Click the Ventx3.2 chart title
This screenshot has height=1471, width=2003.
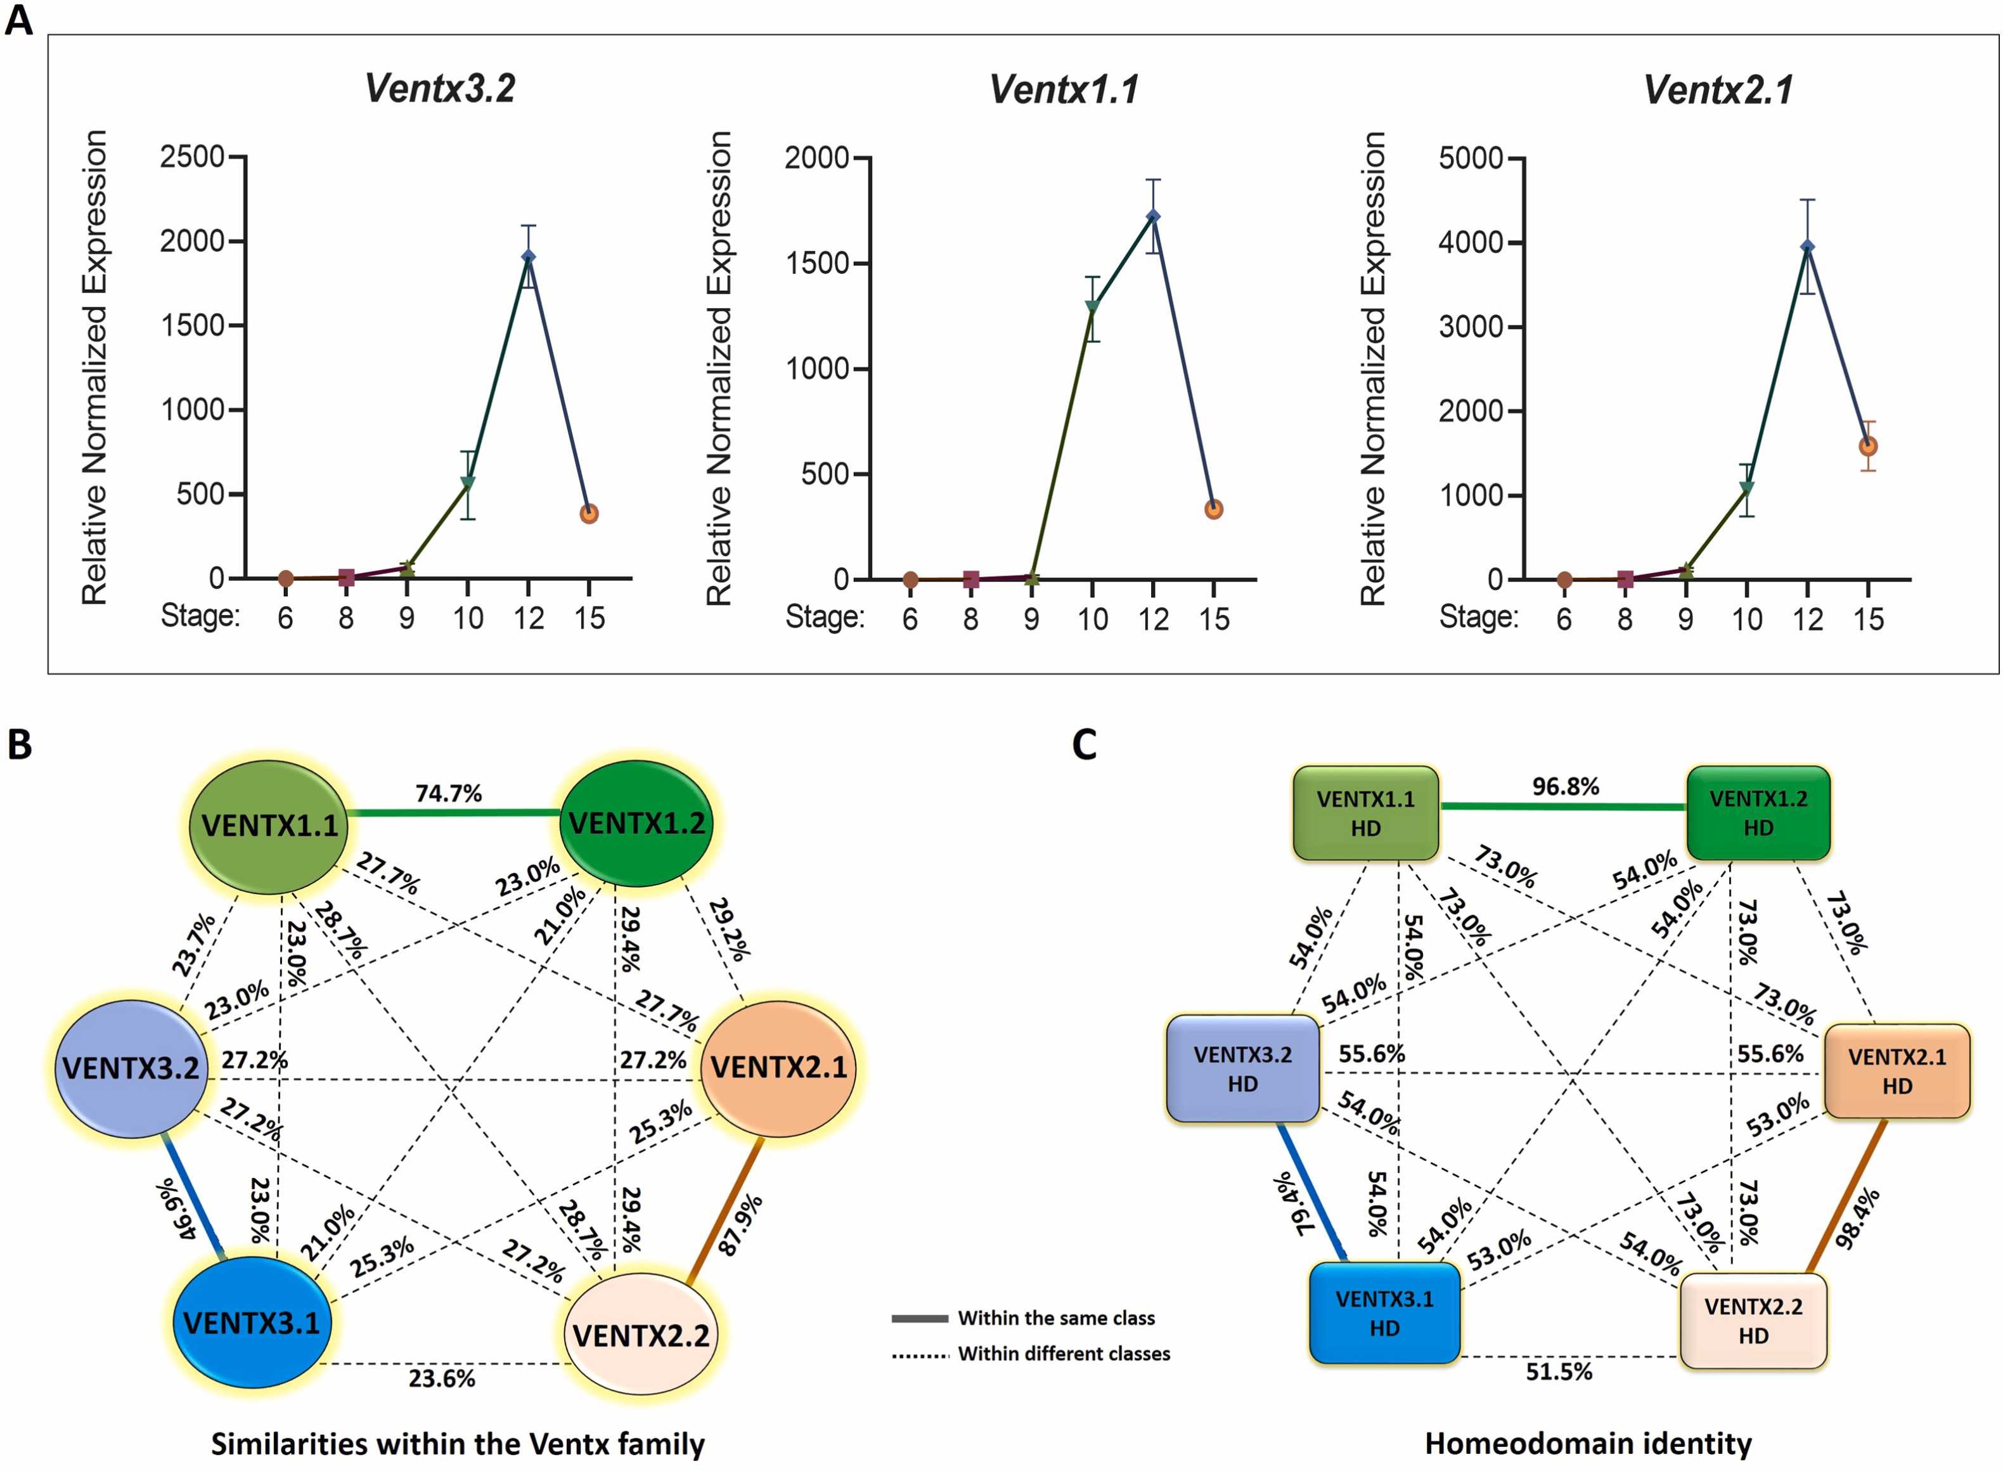pos(440,88)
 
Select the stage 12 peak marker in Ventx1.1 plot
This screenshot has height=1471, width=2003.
pos(1153,216)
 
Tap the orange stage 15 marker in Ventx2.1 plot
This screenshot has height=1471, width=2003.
pos(1868,446)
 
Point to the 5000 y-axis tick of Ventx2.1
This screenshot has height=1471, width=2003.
pos(1470,159)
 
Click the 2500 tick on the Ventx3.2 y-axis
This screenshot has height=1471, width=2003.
pos(192,157)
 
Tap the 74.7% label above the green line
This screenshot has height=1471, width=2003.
pos(449,793)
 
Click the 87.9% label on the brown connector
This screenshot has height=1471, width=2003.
pos(740,1225)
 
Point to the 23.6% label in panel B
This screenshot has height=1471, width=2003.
pos(442,1379)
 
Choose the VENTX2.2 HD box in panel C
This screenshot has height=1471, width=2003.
pos(1753,1321)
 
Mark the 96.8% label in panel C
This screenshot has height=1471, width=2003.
pos(1565,786)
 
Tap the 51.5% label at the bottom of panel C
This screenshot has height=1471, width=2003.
pos(1559,1372)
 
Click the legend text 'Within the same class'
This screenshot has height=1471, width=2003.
pos(1056,1318)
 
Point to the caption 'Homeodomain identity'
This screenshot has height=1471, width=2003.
pos(1587,1443)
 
